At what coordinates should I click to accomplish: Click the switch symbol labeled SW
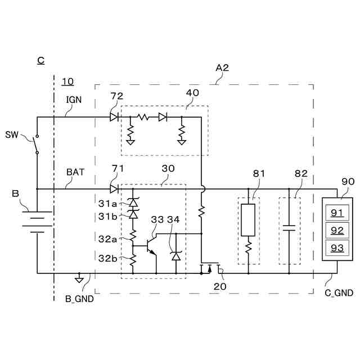(x=37, y=144)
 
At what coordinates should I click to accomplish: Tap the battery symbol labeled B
(x=37, y=221)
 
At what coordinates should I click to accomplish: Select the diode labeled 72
(x=114, y=117)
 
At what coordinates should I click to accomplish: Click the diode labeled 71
(x=114, y=189)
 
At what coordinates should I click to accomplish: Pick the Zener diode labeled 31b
(x=133, y=214)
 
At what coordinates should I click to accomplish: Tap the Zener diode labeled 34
(x=176, y=256)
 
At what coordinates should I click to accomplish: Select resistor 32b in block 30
(x=133, y=260)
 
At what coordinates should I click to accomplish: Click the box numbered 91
(x=336, y=213)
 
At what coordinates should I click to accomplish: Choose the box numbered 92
(x=336, y=230)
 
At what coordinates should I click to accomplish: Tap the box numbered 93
(x=336, y=247)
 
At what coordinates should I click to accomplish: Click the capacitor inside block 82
(x=289, y=228)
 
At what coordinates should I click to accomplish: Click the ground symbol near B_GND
(x=79, y=278)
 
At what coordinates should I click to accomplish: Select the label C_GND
(x=339, y=293)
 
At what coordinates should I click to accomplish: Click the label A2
(x=222, y=67)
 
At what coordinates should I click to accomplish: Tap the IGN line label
(x=74, y=100)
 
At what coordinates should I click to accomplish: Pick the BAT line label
(x=75, y=172)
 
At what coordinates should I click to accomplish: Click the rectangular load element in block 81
(x=248, y=220)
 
